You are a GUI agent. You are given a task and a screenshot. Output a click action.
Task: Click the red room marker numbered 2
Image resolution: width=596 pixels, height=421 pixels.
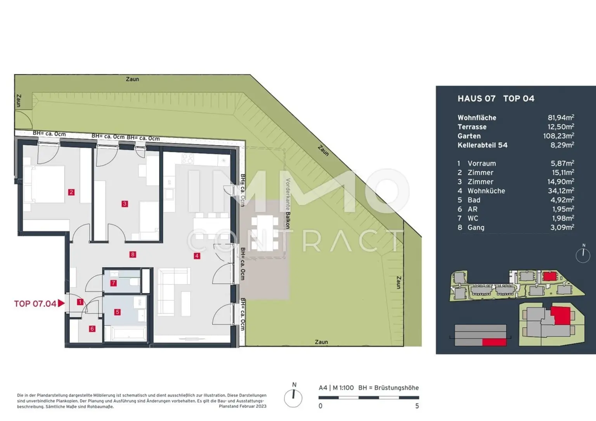(71, 192)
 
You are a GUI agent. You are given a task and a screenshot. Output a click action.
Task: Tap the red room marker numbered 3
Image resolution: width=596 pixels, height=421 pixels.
(125, 204)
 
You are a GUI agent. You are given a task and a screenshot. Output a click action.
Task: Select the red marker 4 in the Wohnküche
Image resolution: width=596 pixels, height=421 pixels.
(197, 256)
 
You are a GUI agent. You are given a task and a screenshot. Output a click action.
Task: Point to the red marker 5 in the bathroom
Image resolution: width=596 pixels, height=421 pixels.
(118, 312)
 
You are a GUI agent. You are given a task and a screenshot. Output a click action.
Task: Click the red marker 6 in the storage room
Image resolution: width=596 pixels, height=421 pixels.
(92, 329)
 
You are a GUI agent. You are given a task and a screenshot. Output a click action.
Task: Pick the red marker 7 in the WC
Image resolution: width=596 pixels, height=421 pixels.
(114, 283)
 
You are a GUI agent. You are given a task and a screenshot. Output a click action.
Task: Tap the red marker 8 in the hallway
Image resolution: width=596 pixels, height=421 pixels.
(133, 255)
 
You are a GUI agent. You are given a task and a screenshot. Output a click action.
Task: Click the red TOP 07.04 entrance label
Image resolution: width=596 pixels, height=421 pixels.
(35, 304)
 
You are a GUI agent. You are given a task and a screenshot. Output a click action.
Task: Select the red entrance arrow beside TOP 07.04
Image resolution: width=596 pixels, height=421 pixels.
(61, 303)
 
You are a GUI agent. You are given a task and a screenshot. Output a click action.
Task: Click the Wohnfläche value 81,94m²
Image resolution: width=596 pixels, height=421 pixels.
(561, 117)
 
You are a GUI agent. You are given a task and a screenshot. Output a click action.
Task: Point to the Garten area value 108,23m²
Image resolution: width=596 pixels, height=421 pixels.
(558, 136)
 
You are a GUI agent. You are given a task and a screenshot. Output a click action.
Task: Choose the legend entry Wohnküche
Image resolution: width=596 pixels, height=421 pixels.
(486, 191)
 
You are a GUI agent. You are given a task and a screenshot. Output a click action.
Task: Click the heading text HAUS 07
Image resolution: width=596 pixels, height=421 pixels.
(476, 99)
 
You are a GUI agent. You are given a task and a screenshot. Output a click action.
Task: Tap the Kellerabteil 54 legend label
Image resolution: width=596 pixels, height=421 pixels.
(482, 145)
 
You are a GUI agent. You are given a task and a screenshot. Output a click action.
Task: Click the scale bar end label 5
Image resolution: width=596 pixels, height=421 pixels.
(417, 406)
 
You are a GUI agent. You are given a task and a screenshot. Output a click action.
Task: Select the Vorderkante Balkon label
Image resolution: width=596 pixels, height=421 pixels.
(288, 204)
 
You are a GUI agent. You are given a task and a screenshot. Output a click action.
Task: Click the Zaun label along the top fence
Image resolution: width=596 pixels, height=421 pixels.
(132, 79)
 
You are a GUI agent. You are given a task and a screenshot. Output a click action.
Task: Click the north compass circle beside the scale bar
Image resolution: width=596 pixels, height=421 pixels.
(293, 398)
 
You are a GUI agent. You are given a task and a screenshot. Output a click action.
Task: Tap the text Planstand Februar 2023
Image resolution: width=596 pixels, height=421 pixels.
(243, 406)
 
